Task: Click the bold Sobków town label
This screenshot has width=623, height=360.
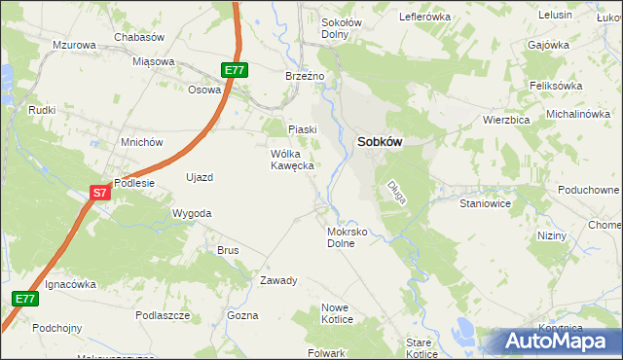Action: pos(381,141)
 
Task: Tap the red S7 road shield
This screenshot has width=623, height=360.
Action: pos(100,194)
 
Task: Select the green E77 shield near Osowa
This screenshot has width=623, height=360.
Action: pos(234,70)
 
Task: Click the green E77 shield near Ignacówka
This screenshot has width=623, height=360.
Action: pos(25,299)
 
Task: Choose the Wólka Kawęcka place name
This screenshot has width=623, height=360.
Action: pos(292,160)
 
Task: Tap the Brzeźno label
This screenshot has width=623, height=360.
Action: pos(310,76)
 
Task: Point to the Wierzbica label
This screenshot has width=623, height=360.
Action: pos(505,120)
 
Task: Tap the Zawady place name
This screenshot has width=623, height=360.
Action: pos(277,280)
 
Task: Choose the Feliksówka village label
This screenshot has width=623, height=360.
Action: pos(556,86)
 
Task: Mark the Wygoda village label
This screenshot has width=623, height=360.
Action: pos(191,212)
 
